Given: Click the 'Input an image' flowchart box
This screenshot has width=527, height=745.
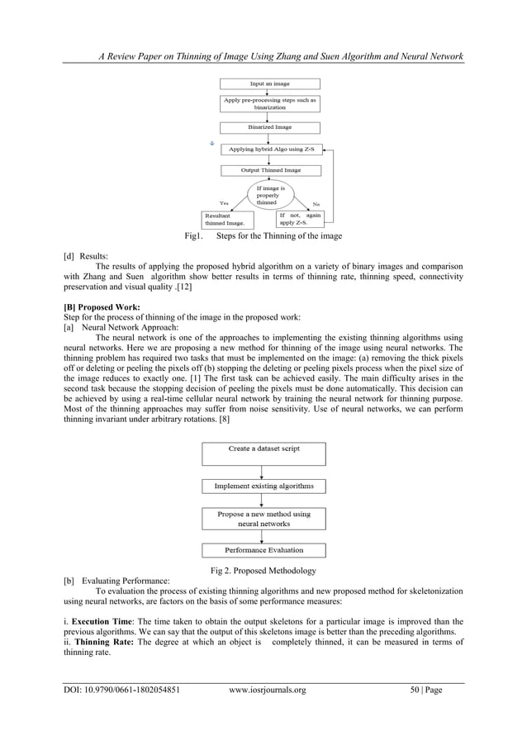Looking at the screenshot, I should click(x=270, y=83).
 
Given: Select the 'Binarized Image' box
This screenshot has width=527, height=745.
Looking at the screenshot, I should click(x=270, y=128).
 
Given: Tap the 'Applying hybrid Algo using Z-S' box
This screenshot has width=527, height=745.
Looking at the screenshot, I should click(x=270, y=149).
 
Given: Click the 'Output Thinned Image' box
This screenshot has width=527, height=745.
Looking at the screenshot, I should click(x=270, y=171).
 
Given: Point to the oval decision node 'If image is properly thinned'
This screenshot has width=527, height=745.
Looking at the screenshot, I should click(x=271, y=196).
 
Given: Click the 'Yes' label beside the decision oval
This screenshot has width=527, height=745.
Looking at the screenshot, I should click(x=224, y=202).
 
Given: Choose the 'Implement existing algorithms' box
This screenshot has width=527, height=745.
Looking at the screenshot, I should click(x=263, y=486).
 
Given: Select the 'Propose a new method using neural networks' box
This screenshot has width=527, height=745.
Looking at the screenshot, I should click(x=263, y=519).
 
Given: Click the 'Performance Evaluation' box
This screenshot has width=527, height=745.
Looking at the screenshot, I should click(x=263, y=550).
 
